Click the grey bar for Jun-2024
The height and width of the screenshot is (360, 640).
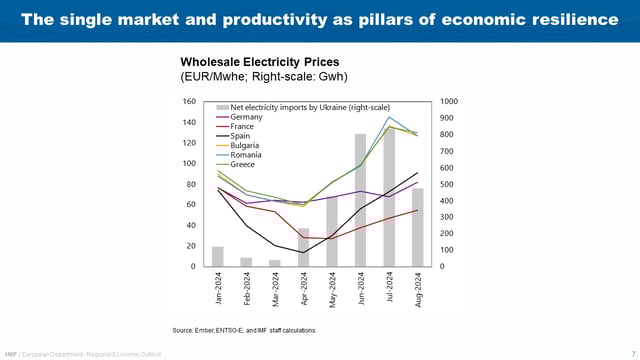tap(360, 200)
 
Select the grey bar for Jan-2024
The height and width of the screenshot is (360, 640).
tap(218, 256)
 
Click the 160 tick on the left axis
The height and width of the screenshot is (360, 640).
tap(189, 102)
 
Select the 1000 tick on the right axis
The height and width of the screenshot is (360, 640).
tap(449, 102)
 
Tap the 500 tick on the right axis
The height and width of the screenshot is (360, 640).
tap(447, 184)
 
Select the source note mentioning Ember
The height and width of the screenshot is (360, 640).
tap(245, 329)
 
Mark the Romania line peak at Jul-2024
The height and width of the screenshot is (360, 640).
tap(389, 117)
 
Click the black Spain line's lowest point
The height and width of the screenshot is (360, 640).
tap(303, 252)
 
